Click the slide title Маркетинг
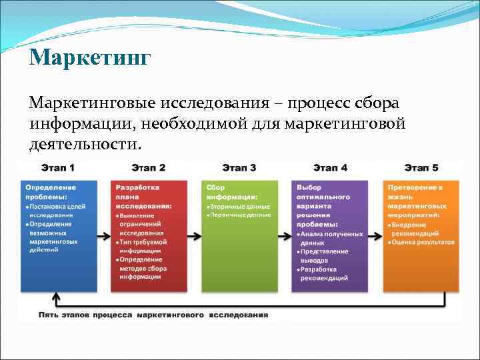click(90, 57)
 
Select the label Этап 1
click(57, 167)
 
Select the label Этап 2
click(148, 167)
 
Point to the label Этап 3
click(239, 167)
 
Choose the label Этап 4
click(329, 167)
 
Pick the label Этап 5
click(421, 167)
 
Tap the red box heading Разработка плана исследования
click(143, 197)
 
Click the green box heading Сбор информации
click(231, 192)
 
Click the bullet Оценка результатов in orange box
click(423, 242)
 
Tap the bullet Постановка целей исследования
click(55, 211)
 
